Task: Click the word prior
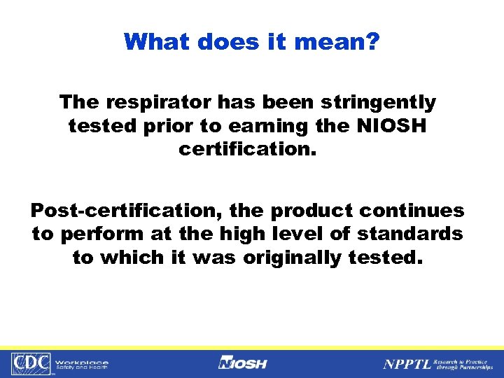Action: click(x=151, y=127)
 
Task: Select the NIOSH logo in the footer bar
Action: click(x=243, y=363)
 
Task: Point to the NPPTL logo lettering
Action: click(x=406, y=364)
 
